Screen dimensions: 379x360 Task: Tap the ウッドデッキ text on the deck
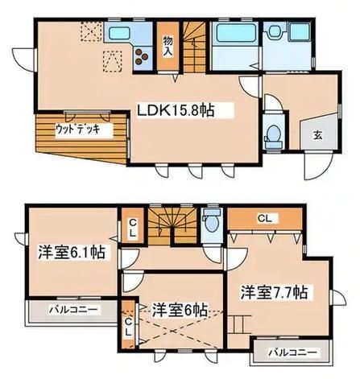77,128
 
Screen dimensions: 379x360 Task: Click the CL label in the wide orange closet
263,218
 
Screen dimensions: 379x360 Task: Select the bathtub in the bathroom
231,36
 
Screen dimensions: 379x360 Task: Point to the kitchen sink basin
119,35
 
